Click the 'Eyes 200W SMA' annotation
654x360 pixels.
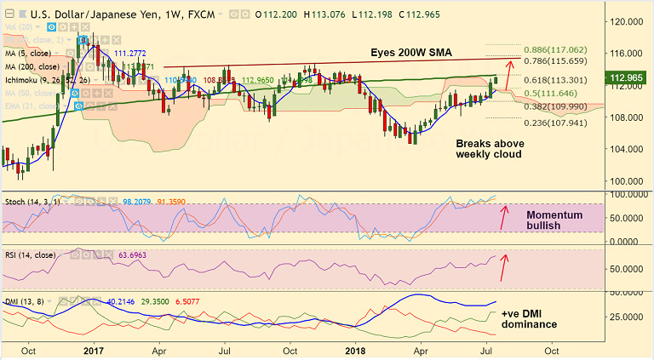[411, 53]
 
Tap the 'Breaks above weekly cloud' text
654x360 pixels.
[490, 149]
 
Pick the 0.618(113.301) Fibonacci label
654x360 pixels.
[554, 80]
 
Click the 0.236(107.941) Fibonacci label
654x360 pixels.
[554, 122]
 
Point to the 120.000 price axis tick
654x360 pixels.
[628, 21]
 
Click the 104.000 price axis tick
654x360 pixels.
[628, 149]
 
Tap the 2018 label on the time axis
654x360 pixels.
[355, 349]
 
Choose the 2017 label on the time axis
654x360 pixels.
[94, 349]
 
